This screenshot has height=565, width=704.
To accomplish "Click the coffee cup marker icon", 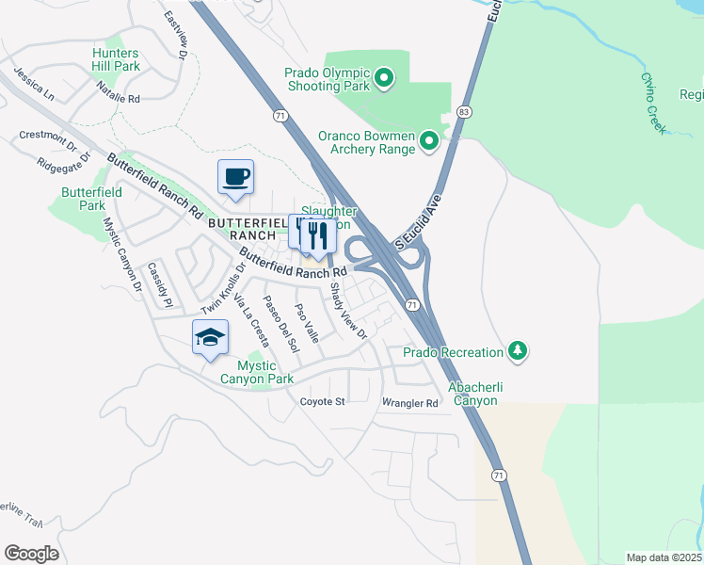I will (x=235, y=175).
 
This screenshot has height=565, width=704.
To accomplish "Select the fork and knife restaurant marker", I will (x=318, y=234).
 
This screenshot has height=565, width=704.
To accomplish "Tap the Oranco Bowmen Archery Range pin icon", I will (x=429, y=141).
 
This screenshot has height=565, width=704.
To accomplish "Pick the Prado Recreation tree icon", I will (x=517, y=351).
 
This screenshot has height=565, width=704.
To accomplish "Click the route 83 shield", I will (x=463, y=111).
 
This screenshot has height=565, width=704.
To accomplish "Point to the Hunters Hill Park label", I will (x=116, y=60).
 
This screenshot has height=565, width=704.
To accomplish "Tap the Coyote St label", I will (x=323, y=401).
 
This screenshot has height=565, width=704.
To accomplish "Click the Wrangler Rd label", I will (x=409, y=403).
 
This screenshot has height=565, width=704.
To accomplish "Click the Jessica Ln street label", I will (x=33, y=84).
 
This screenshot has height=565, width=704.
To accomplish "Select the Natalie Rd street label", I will (x=118, y=92).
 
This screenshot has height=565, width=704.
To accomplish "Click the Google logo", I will (x=31, y=554).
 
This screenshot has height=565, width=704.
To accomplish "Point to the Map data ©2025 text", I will (x=664, y=557).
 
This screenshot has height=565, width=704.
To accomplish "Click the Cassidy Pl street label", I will (x=159, y=285).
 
